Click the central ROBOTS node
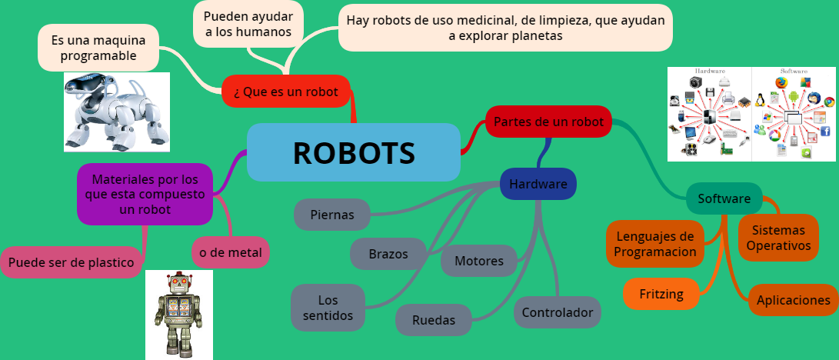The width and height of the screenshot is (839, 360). pos(354,153)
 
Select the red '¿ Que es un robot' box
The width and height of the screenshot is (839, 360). pos(286,92)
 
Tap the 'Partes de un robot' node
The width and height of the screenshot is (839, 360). pos(548,122)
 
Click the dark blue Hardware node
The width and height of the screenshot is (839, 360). pos(538,184)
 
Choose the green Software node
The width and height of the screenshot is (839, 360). pos(724,198)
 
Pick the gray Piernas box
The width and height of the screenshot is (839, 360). pos(332,215)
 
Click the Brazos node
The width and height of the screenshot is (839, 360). pos(388,254)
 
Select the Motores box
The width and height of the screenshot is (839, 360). pos(478,261)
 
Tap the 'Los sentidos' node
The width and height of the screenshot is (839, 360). pos(328,308)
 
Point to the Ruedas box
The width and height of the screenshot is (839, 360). pos(433,319)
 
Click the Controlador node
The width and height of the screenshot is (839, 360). pos(557,312)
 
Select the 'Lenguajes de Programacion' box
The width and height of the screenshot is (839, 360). pos(655,244)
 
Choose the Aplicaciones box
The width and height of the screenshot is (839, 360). pos(793,300)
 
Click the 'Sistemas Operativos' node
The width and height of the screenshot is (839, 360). pos(778,238)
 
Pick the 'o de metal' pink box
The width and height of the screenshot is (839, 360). pos(231,252)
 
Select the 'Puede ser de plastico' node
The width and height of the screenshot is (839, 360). pos(72,262)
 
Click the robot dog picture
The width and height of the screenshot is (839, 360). pos(117,112)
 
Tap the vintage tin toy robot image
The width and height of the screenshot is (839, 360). pos(178,314)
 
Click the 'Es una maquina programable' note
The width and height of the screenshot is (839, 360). pos(98,47)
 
